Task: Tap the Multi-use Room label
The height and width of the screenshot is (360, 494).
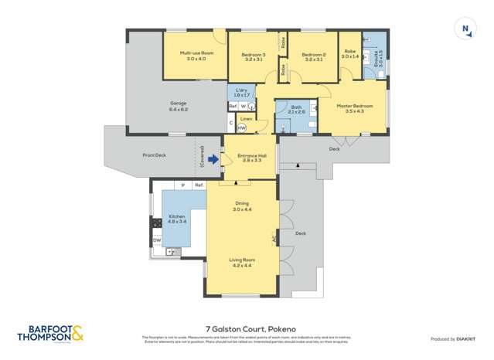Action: pos(193,56)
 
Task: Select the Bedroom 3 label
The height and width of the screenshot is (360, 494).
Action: pos(254,57)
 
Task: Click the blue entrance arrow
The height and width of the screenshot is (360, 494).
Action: pos(214,159)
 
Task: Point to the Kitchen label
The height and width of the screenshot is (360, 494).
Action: pos(178,219)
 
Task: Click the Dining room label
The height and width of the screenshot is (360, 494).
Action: pos(242,206)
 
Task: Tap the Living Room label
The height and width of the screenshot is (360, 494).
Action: pos(242,263)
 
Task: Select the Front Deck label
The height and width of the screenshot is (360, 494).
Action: pos(155,155)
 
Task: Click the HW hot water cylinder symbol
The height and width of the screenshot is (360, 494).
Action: pos(242,128)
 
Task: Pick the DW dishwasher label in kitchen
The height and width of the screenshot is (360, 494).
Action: pos(157,240)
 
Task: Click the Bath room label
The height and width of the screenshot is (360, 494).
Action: pos(296,110)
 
